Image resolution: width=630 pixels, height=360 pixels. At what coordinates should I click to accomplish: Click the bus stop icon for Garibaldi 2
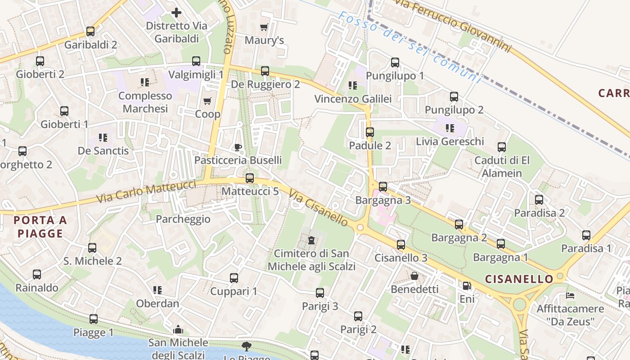(x=90, y=31)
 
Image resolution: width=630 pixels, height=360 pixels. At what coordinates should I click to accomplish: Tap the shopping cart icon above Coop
(x=207, y=101)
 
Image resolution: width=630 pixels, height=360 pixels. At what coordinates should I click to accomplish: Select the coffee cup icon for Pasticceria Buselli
(x=238, y=147)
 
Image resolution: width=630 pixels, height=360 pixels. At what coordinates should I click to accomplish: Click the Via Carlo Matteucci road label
(x=146, y=192)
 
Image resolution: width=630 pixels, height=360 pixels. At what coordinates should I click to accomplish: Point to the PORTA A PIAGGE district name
(x=40, y=227)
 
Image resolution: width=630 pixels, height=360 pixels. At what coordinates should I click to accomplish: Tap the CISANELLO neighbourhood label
(x=519, y=279)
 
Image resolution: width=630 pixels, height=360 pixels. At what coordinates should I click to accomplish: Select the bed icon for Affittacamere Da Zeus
(x=570, y=296)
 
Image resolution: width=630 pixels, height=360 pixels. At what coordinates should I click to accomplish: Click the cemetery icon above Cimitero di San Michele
(x=311, y=240)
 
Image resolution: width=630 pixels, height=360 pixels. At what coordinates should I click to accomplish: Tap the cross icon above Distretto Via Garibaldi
(x=176, y=13)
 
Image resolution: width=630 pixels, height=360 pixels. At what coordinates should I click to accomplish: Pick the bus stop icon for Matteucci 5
(x=250, y=178)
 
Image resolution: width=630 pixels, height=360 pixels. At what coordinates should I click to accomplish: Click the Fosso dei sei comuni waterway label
(x=409, y=48)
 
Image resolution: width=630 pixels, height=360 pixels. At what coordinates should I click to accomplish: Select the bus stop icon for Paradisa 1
(x=586, y=235)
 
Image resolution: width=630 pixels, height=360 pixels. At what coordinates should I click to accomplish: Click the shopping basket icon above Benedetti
(x=414, y=276)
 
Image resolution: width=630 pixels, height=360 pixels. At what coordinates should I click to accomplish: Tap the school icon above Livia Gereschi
(x=449, y=128)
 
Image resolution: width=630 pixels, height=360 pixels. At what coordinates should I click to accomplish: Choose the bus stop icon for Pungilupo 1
(x=395, y=63)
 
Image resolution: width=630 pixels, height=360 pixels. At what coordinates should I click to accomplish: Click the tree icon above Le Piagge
(x=246, y=346)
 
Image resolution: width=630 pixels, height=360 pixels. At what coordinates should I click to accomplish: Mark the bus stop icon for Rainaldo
(x=37, y=274)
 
